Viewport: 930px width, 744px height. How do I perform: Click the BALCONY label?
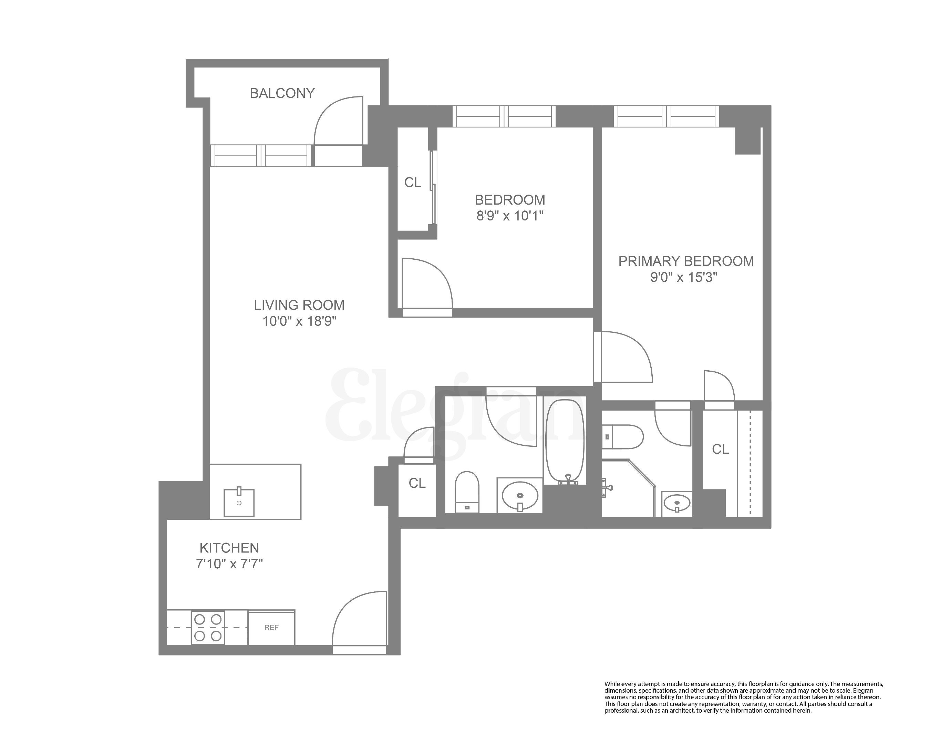(282, 93)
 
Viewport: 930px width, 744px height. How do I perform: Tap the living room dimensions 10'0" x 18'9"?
(299, 321)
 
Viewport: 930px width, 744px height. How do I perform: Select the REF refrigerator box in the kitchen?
(271, 628)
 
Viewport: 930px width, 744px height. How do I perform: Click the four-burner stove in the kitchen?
(208, 628)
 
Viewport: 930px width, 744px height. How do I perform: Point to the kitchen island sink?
(239, 503)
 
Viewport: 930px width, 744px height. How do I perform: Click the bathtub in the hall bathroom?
(565, 442)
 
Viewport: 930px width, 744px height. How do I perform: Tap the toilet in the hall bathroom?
(467, 492)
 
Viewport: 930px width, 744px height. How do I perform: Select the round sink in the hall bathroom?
(520, 496)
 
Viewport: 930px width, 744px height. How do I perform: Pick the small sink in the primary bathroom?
(677, 503)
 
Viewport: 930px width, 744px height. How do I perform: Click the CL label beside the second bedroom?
(412, 183)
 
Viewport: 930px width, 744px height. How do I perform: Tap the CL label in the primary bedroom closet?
(720, 449)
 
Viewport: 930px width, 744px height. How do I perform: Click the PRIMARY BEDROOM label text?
(686, 261)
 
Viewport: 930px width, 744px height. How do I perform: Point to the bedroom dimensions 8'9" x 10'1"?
(510, 216)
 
